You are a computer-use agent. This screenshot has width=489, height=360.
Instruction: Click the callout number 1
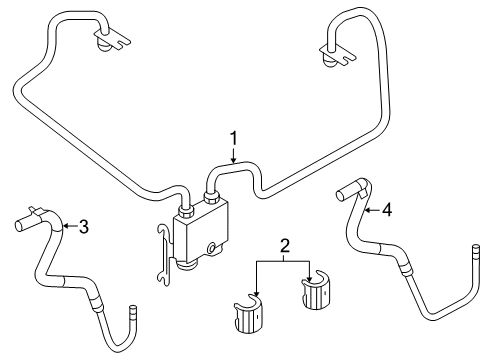(234, 138)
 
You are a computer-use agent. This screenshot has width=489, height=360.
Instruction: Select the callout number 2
(284, 246)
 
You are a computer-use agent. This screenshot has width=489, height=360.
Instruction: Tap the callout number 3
(83, 227)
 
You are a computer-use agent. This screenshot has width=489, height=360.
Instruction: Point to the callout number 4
(387, 210)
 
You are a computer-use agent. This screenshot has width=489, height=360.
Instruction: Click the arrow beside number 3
(70, 226)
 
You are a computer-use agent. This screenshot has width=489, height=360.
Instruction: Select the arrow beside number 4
(373, 210)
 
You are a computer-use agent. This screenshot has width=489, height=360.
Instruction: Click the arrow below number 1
(234, 155)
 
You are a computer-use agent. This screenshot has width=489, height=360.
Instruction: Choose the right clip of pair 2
(315, 290)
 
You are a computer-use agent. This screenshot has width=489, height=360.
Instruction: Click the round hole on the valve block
(212, 248)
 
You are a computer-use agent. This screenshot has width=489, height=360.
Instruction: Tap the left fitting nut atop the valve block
(186, 212)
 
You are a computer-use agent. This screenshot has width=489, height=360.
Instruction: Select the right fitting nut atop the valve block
(212, 197)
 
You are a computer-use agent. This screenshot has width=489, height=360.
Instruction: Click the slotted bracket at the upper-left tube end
(112, 39)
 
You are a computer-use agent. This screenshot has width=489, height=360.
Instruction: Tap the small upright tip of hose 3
(133, 311)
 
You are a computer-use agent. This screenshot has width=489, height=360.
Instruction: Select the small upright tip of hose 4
(476, 252)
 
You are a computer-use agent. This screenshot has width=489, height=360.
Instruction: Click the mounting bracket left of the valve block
(165, 255)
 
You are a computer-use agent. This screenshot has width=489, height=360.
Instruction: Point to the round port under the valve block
(187, 265)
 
